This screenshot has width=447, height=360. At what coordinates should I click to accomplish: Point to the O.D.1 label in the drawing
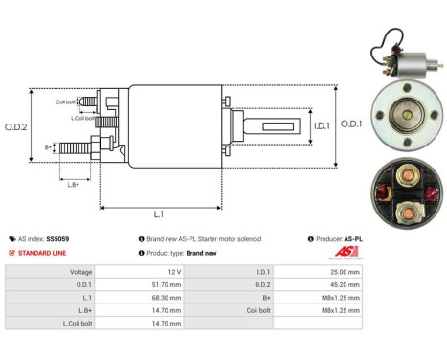pos(350,124)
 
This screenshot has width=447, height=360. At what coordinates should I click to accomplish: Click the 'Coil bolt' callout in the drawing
pos(65,101)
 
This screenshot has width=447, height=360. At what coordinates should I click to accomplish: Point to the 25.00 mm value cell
pos(342,272)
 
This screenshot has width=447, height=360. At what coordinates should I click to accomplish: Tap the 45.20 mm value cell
pos(342,285)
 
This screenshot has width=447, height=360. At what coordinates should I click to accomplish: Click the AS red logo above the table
pos(348,253)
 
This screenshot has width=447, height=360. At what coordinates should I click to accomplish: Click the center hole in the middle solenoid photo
pos(407,112)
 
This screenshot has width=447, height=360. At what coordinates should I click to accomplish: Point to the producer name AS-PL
pos(351,238)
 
